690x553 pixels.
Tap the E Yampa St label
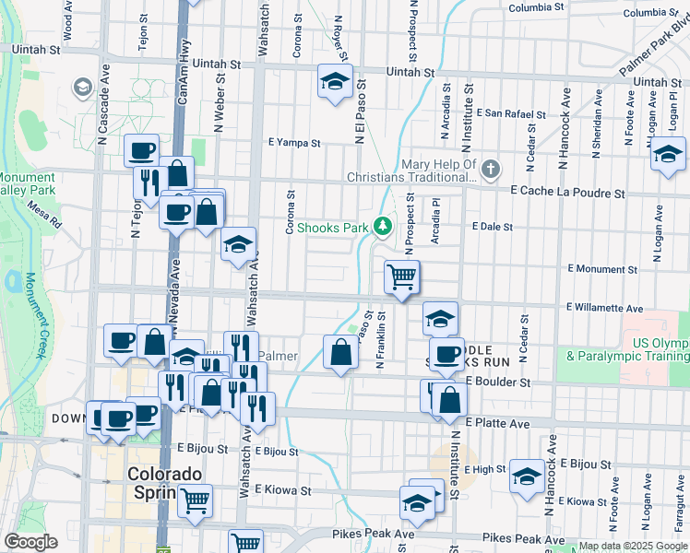tap(294, 143)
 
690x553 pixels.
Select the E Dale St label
tap(492, 226)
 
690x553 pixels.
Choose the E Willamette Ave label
tap(605, 307)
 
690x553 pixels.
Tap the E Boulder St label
tap(498, 382)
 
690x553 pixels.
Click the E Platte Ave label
tap(497, 423)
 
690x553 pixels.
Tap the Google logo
tap(30, 541)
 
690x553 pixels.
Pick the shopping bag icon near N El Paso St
tap(340, 352)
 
